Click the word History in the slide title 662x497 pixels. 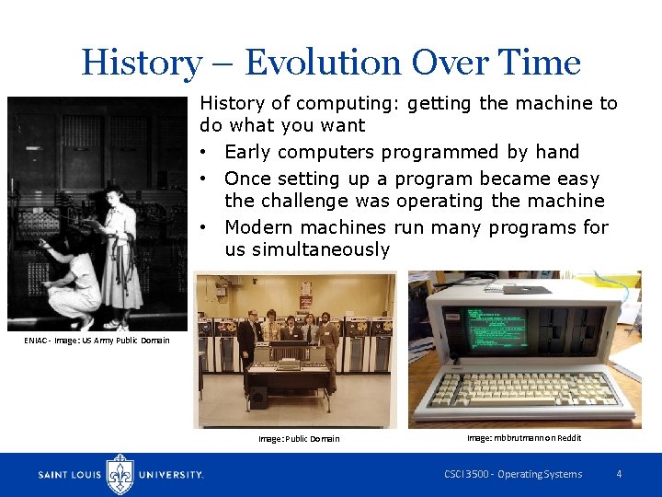[x=140, y=63]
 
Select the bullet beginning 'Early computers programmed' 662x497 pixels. [x=402, y=152]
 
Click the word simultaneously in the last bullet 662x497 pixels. [x=307, y=250]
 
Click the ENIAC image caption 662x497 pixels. [x=97, y=341]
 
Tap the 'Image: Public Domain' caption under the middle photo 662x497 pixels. [x=299, y=439]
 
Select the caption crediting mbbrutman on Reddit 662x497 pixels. [x=524, y=438]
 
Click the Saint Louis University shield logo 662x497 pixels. [x=120, y=474]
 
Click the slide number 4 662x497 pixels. [x=619, y=474]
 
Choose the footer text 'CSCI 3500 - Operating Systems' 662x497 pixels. [x=513, y=474]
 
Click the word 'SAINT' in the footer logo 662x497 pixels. [x=58, y=475]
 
